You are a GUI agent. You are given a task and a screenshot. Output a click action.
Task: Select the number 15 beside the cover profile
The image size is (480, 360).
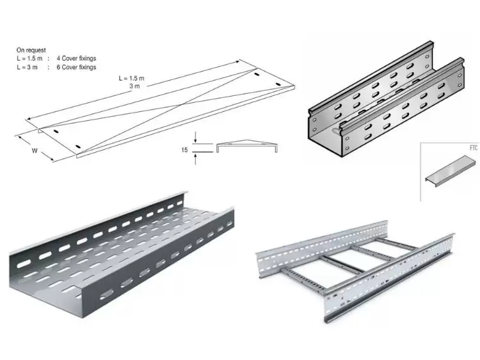coord(185,149)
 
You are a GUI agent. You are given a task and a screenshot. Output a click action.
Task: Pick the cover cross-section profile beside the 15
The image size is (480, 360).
coord(247,146)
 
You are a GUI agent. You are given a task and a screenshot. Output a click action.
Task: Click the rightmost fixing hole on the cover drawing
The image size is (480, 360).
coord(278,85)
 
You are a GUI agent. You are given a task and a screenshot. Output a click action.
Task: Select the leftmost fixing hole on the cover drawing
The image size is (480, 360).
coord(56,131)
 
